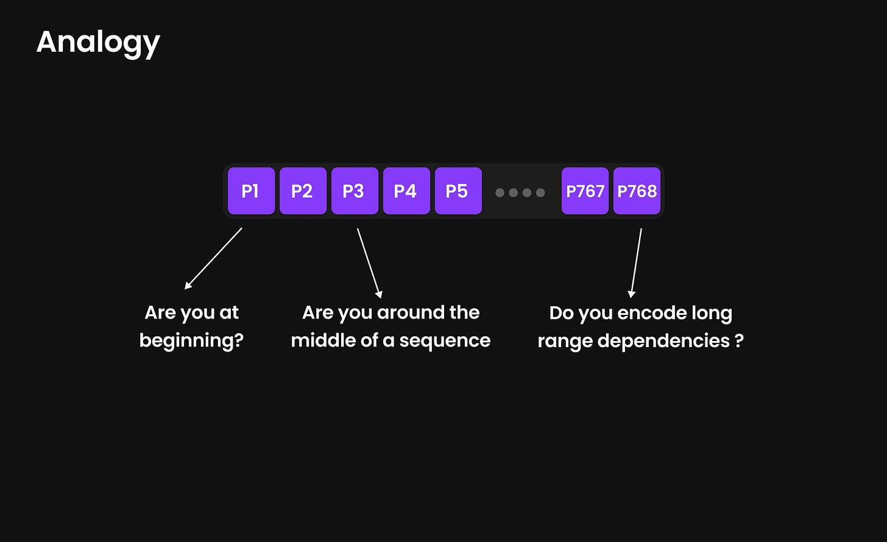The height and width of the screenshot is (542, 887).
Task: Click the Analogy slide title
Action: click(98, 43)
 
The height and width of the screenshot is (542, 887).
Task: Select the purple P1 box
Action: click(251, 191)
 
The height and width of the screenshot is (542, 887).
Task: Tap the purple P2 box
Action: click(303, 191)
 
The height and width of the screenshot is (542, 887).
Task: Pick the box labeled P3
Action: click(355, 191)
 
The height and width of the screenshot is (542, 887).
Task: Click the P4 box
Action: click(406, 191)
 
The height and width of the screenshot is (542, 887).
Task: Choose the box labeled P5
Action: click(458, 191)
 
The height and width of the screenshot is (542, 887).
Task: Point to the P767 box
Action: click(585, 191)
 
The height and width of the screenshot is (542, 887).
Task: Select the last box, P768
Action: click(637, 191)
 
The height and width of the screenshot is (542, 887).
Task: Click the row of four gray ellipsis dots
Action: click(520, 192)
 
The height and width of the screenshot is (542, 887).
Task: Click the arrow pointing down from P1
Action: click(213, 258)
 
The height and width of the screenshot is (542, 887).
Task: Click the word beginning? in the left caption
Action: click(191, 340)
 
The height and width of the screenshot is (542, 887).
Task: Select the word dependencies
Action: click(663, 340)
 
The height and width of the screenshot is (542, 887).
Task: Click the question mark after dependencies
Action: click(739, 340)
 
